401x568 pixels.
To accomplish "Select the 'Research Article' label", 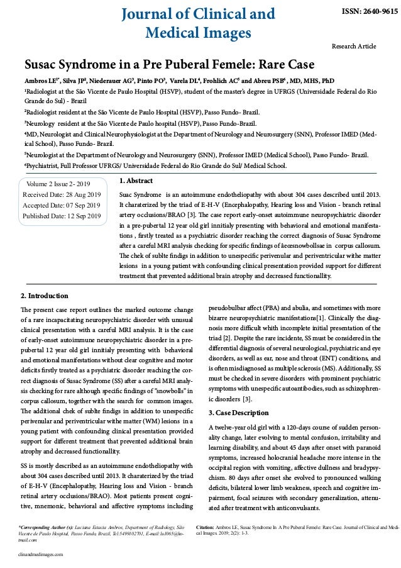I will (x=353, y=47).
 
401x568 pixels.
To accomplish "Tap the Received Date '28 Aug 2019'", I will (x=84, y=194).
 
